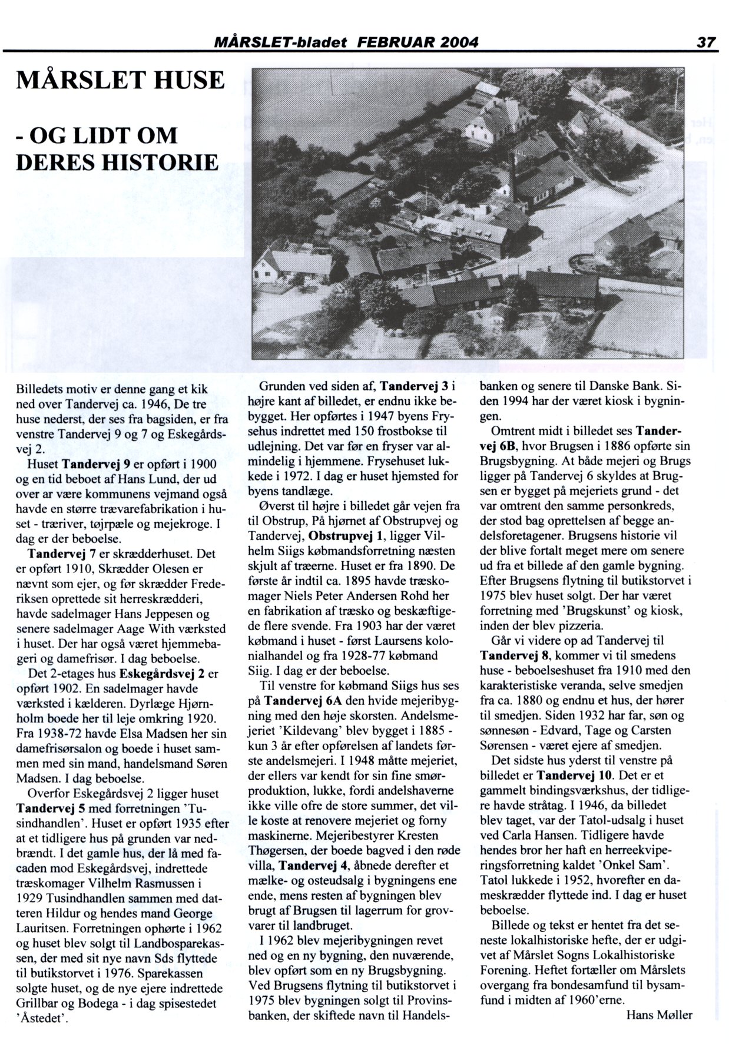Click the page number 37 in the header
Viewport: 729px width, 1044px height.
[705, 42]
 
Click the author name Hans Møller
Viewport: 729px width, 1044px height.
[659, 1015]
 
